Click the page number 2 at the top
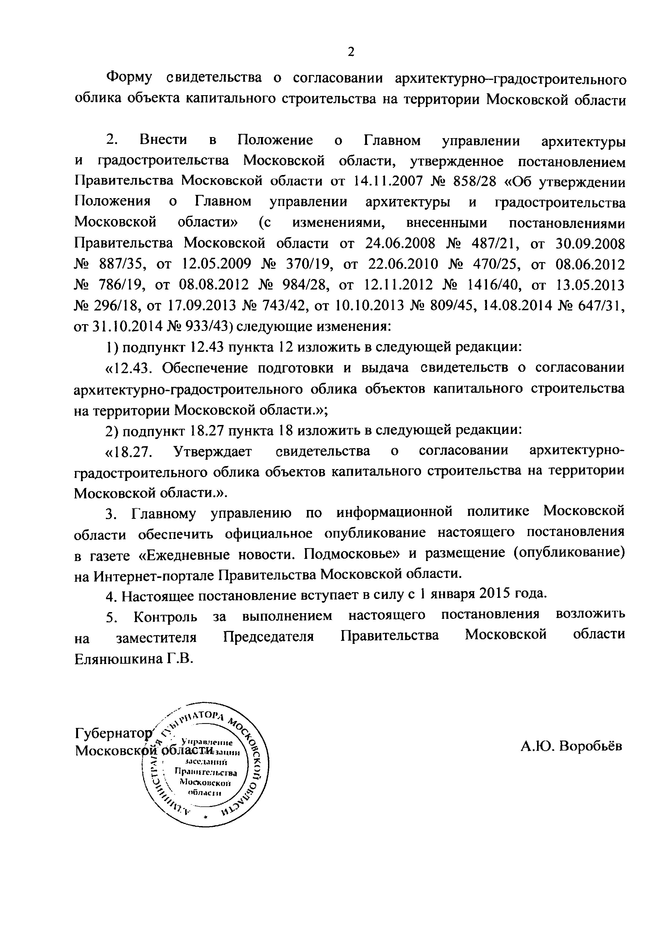(x=351, y=52)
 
